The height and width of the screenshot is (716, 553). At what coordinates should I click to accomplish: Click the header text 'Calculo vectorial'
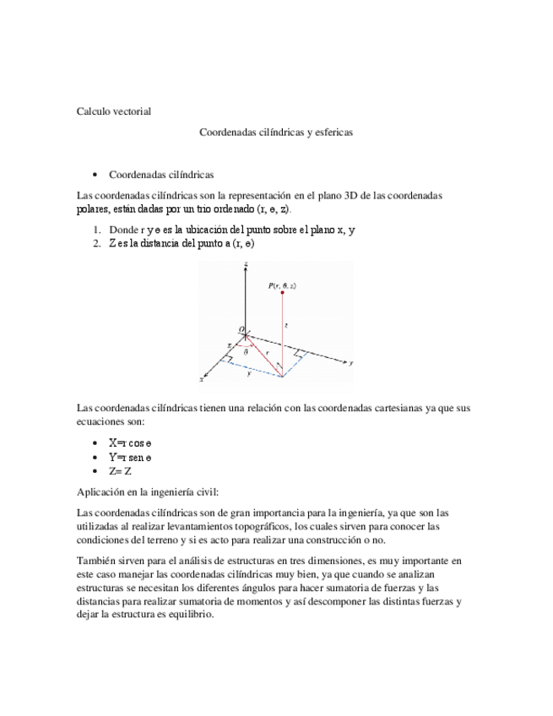tap(114, 111)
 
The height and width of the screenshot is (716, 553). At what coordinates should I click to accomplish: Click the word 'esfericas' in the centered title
tap(331, 133)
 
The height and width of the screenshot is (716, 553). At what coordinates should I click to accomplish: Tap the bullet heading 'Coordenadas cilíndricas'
tap(160, 175)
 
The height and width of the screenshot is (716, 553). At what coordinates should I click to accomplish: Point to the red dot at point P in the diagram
tap(281, 293)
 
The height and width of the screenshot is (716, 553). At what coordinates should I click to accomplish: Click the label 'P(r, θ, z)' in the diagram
tap(282, 285)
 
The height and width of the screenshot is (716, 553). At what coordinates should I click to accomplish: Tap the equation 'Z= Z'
tap(121, 470)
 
